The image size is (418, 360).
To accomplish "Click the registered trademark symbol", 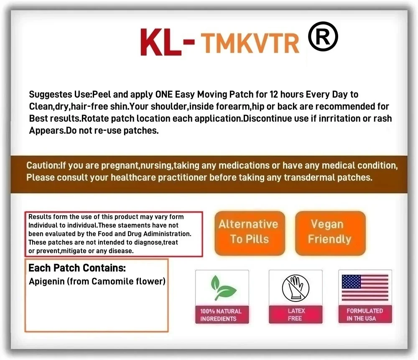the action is (x=323, y=36).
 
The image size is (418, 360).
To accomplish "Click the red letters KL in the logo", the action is (x=161, y=42).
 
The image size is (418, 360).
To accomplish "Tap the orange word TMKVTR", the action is (x=250, y=43).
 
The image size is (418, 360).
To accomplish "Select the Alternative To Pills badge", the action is (x=250, y=233).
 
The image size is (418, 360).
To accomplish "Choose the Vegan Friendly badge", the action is (x=330, y=233).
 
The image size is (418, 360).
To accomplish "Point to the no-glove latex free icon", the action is (x=296, y=288).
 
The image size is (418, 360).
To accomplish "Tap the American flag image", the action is (x=365, y=288).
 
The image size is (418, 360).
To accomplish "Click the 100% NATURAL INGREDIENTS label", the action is (x=221, y=315).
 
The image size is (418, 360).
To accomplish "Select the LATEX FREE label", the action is (x=296, y=314).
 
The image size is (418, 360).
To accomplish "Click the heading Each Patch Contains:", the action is (x=77, y=268).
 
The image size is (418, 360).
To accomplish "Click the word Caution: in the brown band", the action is (x=43, y=165).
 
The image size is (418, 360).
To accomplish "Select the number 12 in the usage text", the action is (x=274, y=94).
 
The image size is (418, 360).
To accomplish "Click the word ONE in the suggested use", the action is (x=164, y=94).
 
